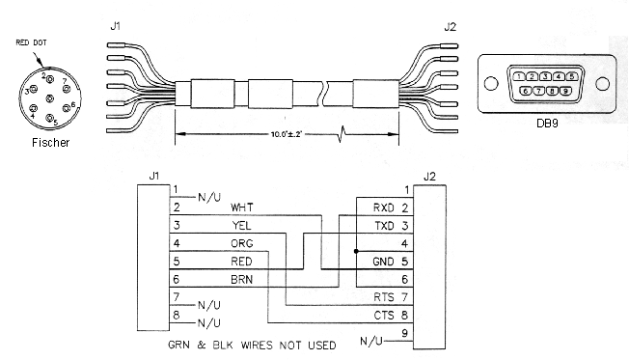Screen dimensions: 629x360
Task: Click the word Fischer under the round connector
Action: pos(50,143)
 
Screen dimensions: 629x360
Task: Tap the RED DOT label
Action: pos(31,42)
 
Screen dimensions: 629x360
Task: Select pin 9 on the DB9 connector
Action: pos(565,91)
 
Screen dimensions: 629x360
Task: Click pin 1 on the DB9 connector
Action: pos(519,76)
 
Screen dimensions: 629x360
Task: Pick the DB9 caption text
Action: pos(547,124)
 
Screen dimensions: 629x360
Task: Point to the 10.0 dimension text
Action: pos(286,134)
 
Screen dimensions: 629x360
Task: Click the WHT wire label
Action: pos(242,208)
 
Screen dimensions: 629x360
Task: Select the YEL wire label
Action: pos(241,226)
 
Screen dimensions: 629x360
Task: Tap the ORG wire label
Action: pos(242,243)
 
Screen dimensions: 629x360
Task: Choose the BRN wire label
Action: pos(241,279)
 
